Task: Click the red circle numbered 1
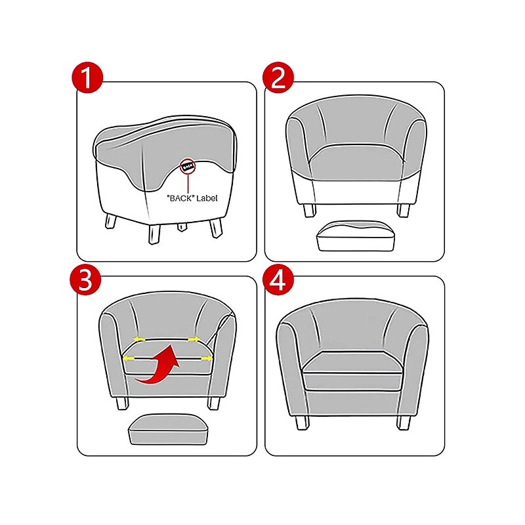click(87, 77)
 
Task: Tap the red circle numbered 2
click(278, 77)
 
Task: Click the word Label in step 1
click(207, 198)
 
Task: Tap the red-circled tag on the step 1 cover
click(188, 167)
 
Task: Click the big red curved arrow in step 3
click(159, 365)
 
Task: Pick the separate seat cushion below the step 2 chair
click(356, 236)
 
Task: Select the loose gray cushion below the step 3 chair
click(169, 429)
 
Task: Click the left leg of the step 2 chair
click(309, 210)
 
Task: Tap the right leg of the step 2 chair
click(403, 210)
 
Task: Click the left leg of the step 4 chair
click(303, 423)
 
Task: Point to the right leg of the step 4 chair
click(403, 423)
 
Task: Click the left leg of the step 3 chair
click(123, 403)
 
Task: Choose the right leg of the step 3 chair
click(214, 403)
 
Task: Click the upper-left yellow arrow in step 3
click(139, 339)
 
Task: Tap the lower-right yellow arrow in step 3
click(207, 358)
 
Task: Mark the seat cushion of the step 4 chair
click(352, 371)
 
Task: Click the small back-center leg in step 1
click(181, 226)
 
